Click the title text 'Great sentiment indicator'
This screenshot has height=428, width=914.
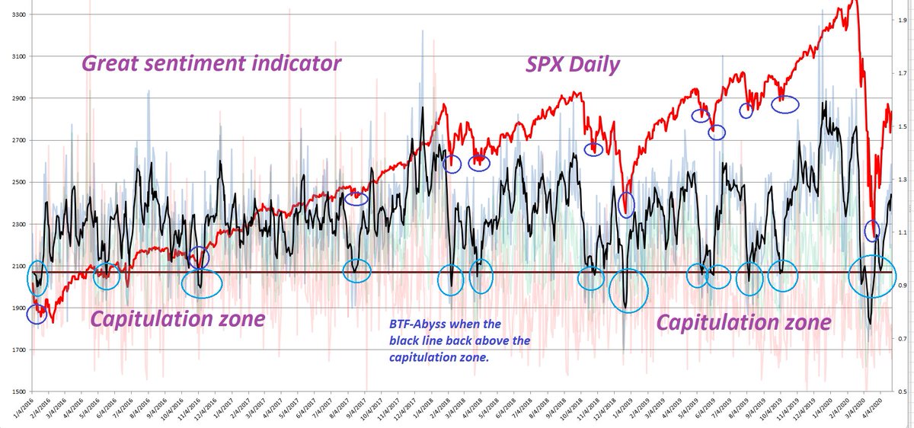pyautogui.click(x=210, y=64)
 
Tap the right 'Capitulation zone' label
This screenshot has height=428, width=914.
pyautogui.click(x=743, y=323)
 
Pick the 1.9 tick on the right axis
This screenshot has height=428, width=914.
pyautogui.click(x=901, y=21)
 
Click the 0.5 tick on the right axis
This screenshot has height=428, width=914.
pyautogui.click(x=901, y=391)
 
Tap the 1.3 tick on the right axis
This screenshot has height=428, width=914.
pyautogui.click(x=901, y=180)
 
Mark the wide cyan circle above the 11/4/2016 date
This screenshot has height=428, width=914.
pyautogui.click(x=202, y=283)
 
